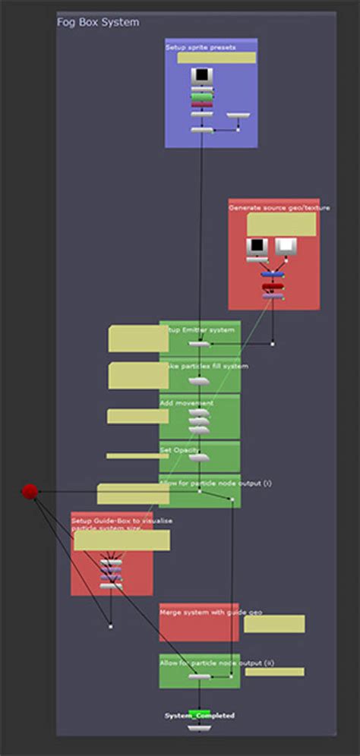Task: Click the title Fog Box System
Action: click(98, 23)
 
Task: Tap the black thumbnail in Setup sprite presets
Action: click(202, 75)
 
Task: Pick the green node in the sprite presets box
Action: click(202, 97)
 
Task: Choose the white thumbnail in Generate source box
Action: click(285, 246)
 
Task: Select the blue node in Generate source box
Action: click(272, 274)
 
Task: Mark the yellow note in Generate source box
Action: click(281, 224)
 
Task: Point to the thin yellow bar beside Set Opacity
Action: click(137, 456)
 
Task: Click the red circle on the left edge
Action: click(30, 492)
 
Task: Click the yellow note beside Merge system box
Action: click(274, 624)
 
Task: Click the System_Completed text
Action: click(200, 715)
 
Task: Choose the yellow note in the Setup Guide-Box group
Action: click(122, 540)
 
